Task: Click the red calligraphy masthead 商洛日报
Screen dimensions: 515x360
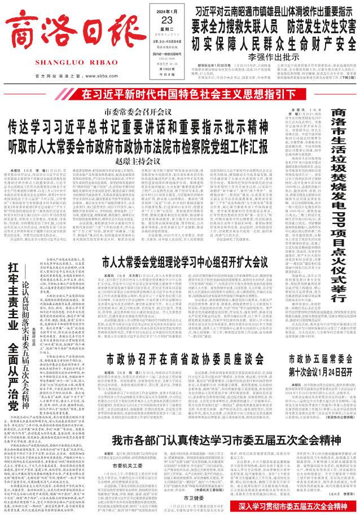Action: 60,31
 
